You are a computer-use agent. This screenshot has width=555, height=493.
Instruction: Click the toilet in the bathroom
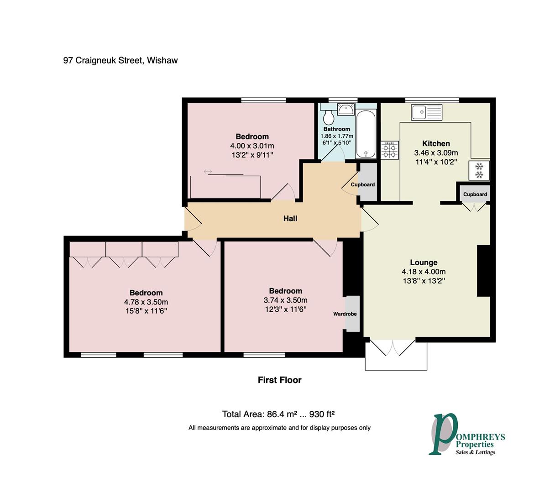click(328, 117)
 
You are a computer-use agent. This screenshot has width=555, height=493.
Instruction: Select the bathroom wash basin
click(346, 109)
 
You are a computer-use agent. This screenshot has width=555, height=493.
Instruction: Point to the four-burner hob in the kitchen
click(389, 150)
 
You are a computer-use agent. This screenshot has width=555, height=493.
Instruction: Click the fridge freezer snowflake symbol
click(479, 170)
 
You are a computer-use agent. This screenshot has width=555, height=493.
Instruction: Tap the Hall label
click(290, 218)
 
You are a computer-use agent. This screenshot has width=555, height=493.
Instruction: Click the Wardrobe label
click(345, 314)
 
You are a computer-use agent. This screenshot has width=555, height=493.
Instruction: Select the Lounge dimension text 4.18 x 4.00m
click(424, 272)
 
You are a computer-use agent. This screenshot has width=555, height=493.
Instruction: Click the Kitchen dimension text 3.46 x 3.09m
click(436, 152)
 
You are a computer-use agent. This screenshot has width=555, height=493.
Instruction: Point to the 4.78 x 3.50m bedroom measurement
click(146, 302)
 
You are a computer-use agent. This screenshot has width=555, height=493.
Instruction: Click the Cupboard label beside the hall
click(363, 184)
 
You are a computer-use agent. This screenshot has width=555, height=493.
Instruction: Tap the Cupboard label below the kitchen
click(475, 194)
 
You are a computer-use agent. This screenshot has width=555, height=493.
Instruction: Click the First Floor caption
click(279, 380)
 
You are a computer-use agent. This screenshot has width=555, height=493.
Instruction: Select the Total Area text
click(278, 414)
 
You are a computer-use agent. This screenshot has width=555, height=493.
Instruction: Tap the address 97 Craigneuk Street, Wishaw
click(120, 60)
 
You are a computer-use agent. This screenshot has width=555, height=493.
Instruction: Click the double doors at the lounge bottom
click(393, 347)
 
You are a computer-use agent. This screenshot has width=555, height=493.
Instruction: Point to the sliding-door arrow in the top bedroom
click(208, 172)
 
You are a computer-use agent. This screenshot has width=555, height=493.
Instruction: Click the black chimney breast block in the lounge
click(484, 271)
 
